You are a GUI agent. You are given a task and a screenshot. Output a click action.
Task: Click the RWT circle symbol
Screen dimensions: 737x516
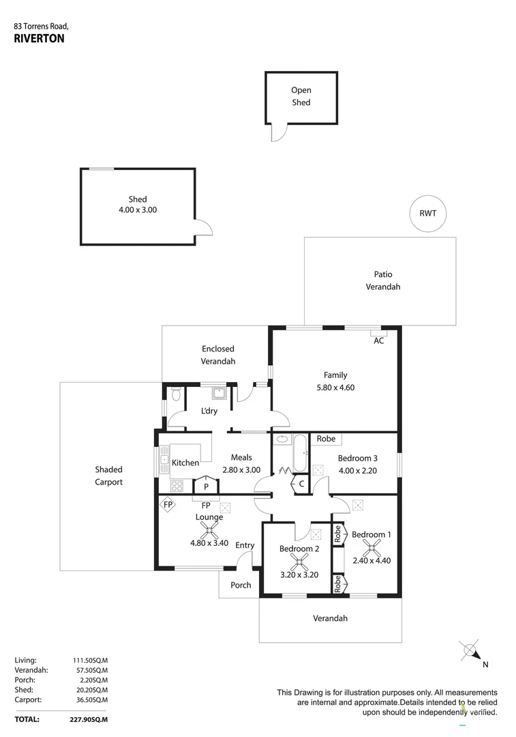(x=428, y=214)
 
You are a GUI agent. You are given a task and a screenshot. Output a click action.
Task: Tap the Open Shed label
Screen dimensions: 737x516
(x=301, y=96)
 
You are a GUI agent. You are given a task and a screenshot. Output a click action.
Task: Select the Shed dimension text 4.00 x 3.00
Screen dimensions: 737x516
(x=138, y=210)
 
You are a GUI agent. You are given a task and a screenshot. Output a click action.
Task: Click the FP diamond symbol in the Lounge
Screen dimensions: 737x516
(x=168, y=505)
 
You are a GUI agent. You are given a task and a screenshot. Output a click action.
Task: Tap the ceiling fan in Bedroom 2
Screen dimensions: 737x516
(x=298, y=562)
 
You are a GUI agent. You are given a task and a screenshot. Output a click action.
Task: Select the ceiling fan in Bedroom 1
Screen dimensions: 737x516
(x=371, y=547)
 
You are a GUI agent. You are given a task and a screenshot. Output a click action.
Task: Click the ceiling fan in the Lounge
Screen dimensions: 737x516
(x=209, y=530)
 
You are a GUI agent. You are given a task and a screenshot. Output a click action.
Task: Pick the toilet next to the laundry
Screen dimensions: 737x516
(x=176, y=394)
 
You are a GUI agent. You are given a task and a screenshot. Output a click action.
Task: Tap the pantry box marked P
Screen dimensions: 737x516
(x=206, y=487)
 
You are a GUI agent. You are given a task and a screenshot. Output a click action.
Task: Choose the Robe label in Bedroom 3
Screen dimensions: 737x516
(x=326, y=439)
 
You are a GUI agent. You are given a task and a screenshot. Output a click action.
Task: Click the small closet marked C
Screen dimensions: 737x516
(x=301, y=484)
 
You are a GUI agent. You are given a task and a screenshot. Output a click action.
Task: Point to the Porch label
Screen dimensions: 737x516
(x=241, y=585)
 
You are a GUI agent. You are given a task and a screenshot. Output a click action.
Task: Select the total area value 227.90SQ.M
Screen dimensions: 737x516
(x=91, y=719)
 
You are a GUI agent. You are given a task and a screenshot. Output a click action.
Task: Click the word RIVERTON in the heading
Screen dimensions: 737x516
(x=39, y=39)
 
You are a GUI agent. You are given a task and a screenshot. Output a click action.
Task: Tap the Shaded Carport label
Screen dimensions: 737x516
(x=108, y=476)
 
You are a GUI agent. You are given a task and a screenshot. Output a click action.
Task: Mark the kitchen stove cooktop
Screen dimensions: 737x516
(x=177, y=486)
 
